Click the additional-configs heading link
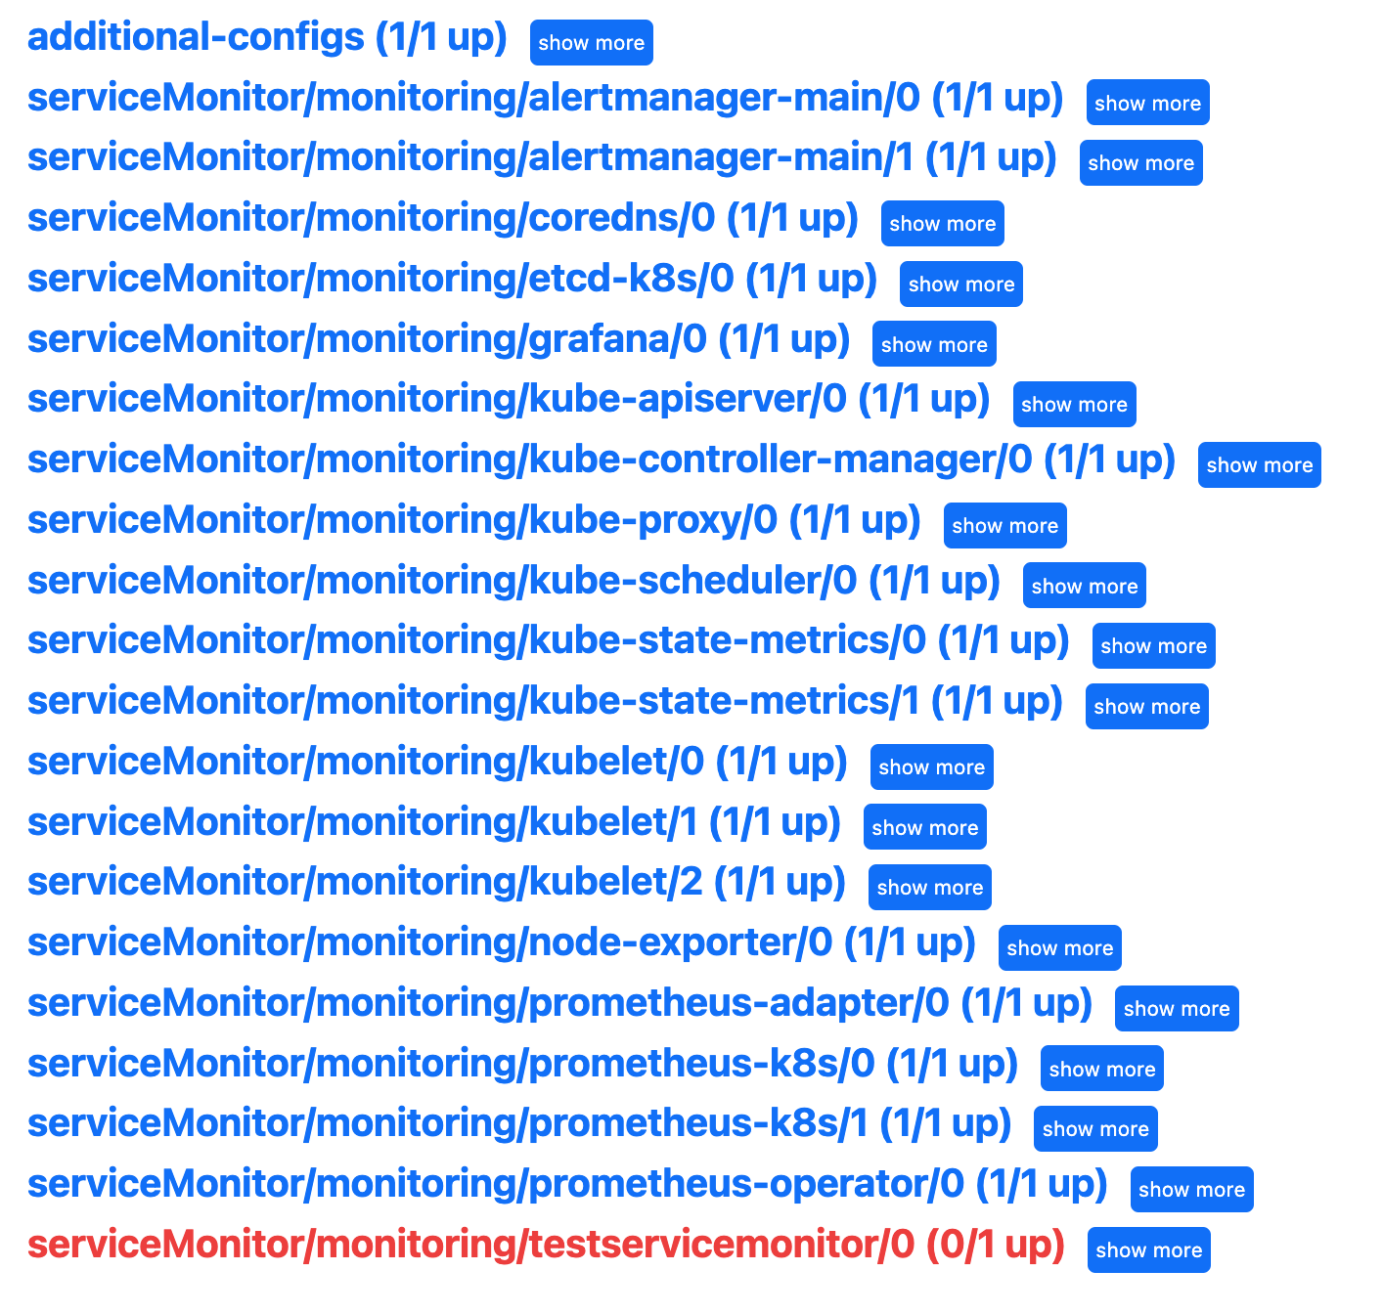tap(267, 38)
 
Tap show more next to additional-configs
tap(591, 43)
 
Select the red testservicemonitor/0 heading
tap(545, 1246)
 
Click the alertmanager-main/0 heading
tap(545, 99)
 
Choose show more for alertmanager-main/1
tap(1140, 163)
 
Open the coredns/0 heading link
tap(442, 219)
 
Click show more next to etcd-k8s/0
tap(960, 285)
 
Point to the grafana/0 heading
tap(438, 340)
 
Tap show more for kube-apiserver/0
tap(1074, 405)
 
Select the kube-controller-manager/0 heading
tap(601, 460)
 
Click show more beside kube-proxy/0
tap(1004, 526)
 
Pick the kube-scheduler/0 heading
tap(513, 582)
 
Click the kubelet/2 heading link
tap(436, 883)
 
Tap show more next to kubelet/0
tap(931, 767)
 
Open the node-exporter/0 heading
tap(501, 943)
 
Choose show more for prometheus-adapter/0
tap(1176, 1009)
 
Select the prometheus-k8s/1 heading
tap(518, 1124)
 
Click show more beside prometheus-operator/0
tap(1191, 1190)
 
